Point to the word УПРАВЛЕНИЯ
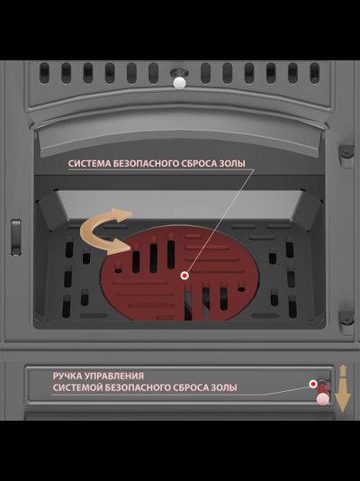pos(114,377)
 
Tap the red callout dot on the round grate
pos(184,276)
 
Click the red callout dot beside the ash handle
pos(313,384)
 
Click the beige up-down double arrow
pos(343,388)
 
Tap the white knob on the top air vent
pos(179,82)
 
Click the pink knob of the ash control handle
pos(323,399)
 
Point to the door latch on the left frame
pos(16,237)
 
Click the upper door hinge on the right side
pos(346,156)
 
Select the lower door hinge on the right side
pos(346,322)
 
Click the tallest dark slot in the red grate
pos(171,254)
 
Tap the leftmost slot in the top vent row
pos(44,73)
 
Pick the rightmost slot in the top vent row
pos(315,73)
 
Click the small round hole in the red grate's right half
pos(241,288)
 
